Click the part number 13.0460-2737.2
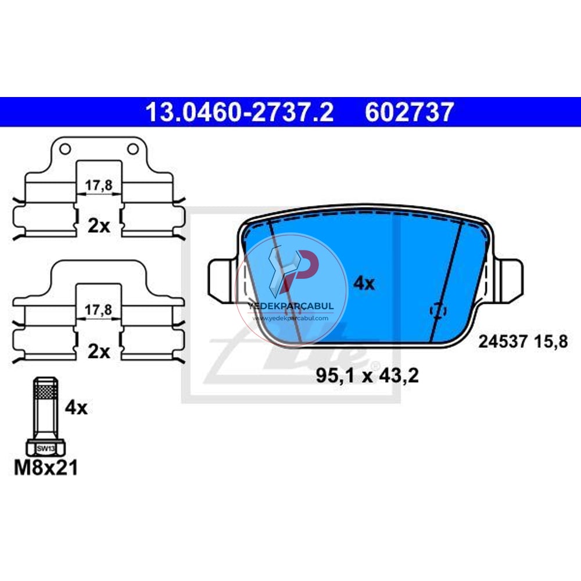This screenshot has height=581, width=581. (240, 112)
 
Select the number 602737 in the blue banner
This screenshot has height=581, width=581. (409, 112)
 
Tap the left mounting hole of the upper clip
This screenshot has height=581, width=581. (65, 149)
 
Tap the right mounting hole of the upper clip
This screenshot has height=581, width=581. (132, 149)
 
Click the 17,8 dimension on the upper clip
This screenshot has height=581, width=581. (99, 185)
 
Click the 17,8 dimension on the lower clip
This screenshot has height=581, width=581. (99, 310)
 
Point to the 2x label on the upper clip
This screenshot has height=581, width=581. (99, 225)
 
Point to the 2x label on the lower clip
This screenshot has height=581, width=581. (99, 352)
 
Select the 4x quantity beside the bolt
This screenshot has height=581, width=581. (76, 408)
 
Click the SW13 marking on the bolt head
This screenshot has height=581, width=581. (46, 449)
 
